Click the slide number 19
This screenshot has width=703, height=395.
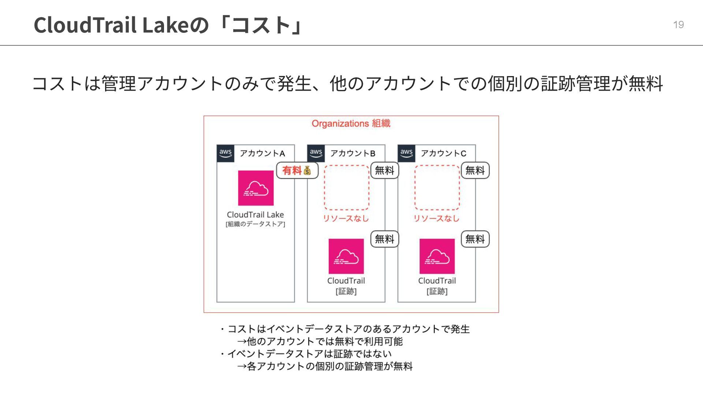click(678, 25)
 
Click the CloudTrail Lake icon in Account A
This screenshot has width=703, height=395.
click(256, 188)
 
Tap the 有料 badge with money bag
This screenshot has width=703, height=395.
click(297, 170)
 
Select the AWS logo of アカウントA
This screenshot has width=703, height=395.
click(225, 153)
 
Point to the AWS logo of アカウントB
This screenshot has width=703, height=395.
click(316, 153)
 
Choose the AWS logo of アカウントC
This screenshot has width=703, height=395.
click(406, 153)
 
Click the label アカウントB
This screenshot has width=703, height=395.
click(353, 153)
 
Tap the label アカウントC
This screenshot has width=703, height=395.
click(443, 153)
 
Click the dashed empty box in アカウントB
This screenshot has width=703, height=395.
click(346, 187)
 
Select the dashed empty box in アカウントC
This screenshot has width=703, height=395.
click(437, 187)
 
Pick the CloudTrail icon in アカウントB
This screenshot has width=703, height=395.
click(346, 256)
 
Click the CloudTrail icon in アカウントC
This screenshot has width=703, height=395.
click(437, 256)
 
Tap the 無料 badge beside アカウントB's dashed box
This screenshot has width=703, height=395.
click(384, 170)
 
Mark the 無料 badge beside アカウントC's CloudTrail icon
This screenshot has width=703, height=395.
click(475, 239)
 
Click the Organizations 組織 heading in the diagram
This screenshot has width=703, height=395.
click(351, 124)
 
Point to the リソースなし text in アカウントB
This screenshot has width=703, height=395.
click(346, 219)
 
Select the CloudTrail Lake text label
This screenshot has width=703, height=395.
click(255, 215)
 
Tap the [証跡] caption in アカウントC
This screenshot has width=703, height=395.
click(437, 291)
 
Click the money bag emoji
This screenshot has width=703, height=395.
click(307, 170)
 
